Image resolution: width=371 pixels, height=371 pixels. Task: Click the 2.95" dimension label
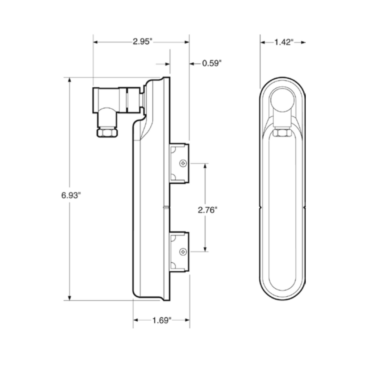click(x=142, y=42)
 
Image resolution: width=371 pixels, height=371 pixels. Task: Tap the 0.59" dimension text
click(x=212, y=63)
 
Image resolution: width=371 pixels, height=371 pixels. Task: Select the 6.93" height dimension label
click(x=71, y=195)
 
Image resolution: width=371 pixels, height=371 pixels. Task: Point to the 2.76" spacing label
click(x=208, y=210)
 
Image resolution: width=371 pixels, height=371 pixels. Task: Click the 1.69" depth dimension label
click(x=162, y=320)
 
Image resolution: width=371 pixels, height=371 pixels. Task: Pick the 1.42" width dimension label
click(x=284, y=42)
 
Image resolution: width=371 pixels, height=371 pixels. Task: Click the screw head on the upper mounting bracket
click(x=183, y=163)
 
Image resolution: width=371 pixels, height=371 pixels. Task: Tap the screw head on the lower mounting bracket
click(x=183, y=252)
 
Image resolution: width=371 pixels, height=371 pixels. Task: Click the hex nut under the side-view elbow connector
click(x=107, y=132)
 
